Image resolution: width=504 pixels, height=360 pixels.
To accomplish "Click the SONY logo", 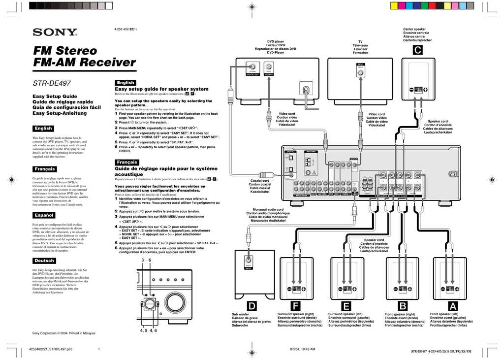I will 55,33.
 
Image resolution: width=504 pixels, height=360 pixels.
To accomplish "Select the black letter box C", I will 417,51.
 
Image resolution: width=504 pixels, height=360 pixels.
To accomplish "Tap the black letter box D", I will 252,307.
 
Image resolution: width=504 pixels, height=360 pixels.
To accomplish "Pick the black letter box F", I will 295,307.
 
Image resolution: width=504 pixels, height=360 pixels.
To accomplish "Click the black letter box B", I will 403,307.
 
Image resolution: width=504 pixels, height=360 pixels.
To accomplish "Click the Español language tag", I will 43,215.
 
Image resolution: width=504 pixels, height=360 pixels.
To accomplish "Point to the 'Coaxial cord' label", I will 260,181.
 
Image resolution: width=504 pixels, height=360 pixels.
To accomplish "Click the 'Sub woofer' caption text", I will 241,314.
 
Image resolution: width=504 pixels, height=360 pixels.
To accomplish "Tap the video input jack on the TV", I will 361,72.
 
